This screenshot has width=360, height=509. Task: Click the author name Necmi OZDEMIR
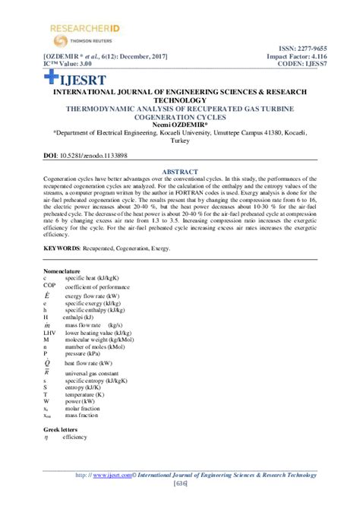click(x=179, y=125)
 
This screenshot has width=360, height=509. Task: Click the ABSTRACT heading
click(x=180, y=172)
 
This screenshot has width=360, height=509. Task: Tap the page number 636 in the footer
click(x=180, y=485)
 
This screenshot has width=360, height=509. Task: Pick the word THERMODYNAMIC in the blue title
click(x=106, y=109)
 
